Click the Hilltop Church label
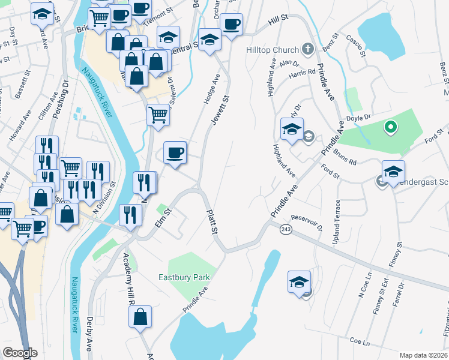click(272, 50)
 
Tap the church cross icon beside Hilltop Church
click(308, 49)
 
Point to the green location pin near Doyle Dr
click(390, 127)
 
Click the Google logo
click(20, 353)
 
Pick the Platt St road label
click(211, 222)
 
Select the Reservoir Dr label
click(307, 222)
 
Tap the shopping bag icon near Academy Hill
click(140, 319)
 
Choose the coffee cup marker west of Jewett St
click(175, 153)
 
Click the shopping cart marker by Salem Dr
click(158, 114)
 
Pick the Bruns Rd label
click(345, 157)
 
